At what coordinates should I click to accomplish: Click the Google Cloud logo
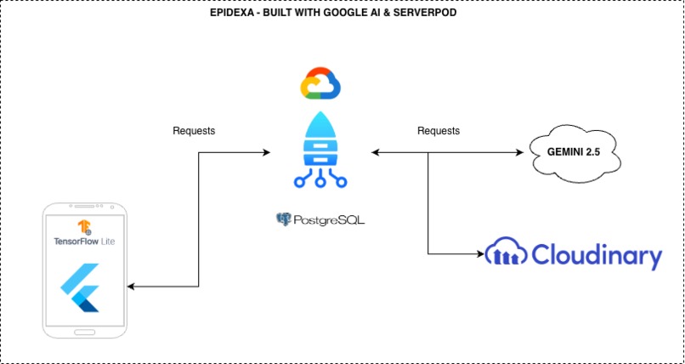(x=320, y=83)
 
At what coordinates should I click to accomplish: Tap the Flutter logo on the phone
(x=81, y=287)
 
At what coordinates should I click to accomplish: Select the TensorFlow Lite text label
(x=84, y=242)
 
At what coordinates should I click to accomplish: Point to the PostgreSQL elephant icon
(x=284, y=219)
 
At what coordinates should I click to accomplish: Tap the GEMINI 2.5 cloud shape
(x=575, y=153)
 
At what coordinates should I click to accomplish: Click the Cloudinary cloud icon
(x=507, y=251)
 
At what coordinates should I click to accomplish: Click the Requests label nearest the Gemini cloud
(x=439, y=131)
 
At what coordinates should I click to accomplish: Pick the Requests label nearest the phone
(x=194, y=131)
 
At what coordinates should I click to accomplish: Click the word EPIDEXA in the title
(x=227, y=13)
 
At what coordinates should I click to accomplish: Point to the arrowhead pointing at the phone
(x=131, y=287)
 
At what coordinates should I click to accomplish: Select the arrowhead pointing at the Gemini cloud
(x=520, y=152)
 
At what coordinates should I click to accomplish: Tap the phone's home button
(x=84, y=333)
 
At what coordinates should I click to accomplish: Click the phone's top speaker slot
(x=88, y=207)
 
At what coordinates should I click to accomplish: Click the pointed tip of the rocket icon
(x=320, y=112)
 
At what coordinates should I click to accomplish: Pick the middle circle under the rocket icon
(x=320, y=181)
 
